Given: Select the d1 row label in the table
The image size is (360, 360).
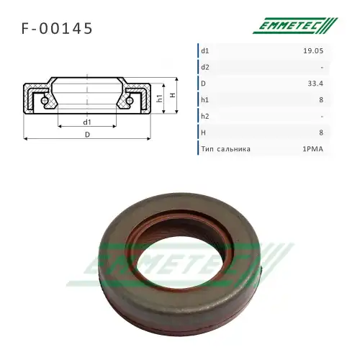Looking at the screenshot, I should click(x=205, y=51).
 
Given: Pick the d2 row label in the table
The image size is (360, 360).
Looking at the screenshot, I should click(x=205, y=68).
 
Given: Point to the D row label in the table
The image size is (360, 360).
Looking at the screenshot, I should click(x=204, y=84).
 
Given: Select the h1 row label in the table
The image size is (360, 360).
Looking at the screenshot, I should click(x=205, y=100).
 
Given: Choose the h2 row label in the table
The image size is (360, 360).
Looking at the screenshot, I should click(x=205, y=117).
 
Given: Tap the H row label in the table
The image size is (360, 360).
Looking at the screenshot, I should click(x=204, y=132).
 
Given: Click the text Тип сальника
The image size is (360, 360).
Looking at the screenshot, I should click(x=226, y=149).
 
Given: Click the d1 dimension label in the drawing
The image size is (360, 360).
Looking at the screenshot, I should click(x=87, y=122).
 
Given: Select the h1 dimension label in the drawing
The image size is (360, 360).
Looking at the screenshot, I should click(x=160, y=99).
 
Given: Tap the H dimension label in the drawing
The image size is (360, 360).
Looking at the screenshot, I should click(x=174, y=95).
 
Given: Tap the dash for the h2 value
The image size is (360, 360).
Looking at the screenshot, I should click(x=321, y=117).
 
